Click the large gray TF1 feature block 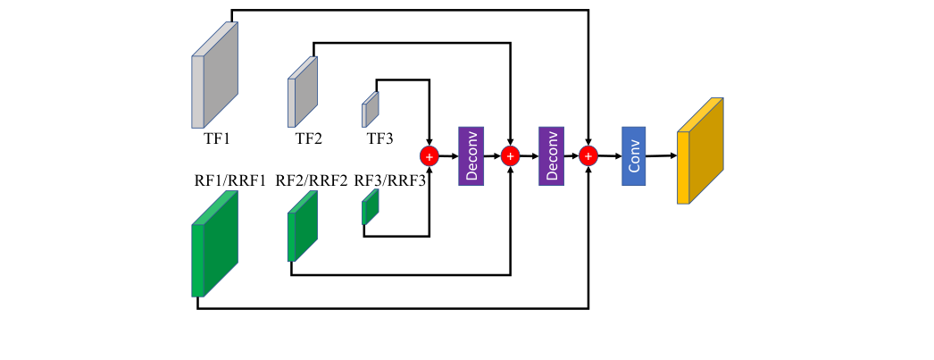[215, 75]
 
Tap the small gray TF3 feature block [370, 109]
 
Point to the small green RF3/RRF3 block [370, 208]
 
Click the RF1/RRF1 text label [230, 180]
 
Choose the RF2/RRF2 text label [312, 180]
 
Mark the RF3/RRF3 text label [389, 180]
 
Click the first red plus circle [429, 156]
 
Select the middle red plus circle [511, 156]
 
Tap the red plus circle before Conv [588, 156]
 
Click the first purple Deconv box [470, 155]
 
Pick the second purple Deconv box [551, 155]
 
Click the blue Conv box [633, 155]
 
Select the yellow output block [700, 151]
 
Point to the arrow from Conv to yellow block [661, 156]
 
